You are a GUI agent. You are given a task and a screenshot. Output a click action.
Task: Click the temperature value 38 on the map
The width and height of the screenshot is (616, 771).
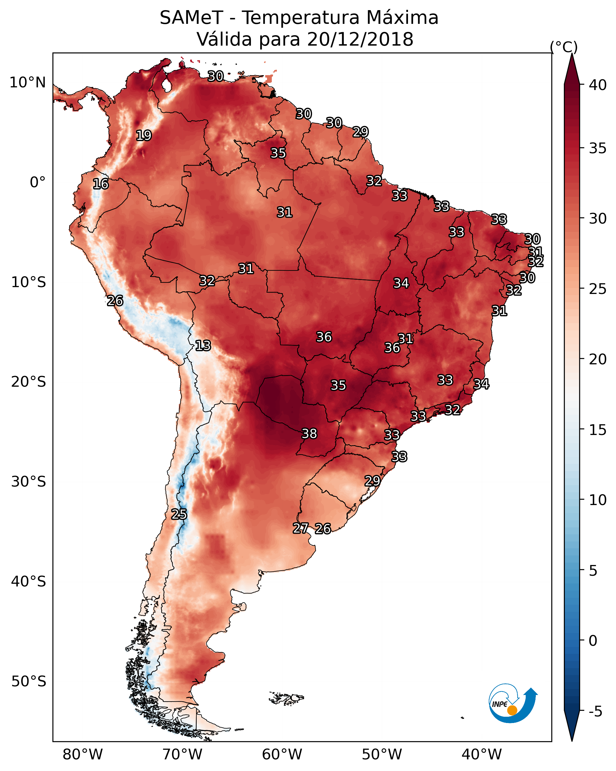tap(309, 434)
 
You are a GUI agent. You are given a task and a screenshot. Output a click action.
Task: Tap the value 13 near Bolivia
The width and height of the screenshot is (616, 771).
tap(203, 346)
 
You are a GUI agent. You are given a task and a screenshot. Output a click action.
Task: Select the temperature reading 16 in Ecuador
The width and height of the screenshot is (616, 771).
tap(100, 184)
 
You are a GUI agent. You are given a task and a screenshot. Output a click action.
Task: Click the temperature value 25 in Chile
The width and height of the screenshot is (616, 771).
tap(179, 514)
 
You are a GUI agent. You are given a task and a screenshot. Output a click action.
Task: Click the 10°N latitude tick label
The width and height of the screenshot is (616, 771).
tap(27, 83)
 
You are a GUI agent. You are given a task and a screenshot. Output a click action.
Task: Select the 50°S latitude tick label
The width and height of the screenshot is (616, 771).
tap(29, 681)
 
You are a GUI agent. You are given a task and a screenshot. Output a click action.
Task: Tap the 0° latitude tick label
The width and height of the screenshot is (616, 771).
tap(38, 182)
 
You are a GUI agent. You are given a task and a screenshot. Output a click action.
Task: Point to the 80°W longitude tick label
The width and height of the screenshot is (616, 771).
tap(83, 754)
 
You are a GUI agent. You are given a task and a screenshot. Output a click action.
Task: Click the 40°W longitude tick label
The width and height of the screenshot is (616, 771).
tap(482, 754)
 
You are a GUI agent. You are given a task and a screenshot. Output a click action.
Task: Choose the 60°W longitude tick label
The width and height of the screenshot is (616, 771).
tap(282, 754)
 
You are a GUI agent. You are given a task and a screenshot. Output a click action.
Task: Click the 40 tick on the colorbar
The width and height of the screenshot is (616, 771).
tap(598, 85)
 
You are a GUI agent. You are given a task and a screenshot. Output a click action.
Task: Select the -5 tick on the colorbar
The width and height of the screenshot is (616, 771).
tap(595, 711)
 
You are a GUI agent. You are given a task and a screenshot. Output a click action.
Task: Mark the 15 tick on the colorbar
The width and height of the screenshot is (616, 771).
tap(598, 430)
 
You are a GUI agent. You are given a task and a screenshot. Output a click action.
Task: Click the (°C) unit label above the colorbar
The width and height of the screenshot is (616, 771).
tap(564, 47)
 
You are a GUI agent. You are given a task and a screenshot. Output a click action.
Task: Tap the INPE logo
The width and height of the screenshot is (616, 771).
tap(512, 703)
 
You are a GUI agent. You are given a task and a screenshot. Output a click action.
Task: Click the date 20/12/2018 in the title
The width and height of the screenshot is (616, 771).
tap(360, 39)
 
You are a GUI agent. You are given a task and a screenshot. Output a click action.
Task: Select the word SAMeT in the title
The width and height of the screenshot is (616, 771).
tap(191, 18)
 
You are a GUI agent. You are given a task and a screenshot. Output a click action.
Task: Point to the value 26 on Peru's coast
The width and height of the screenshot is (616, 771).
tap(115, 301)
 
